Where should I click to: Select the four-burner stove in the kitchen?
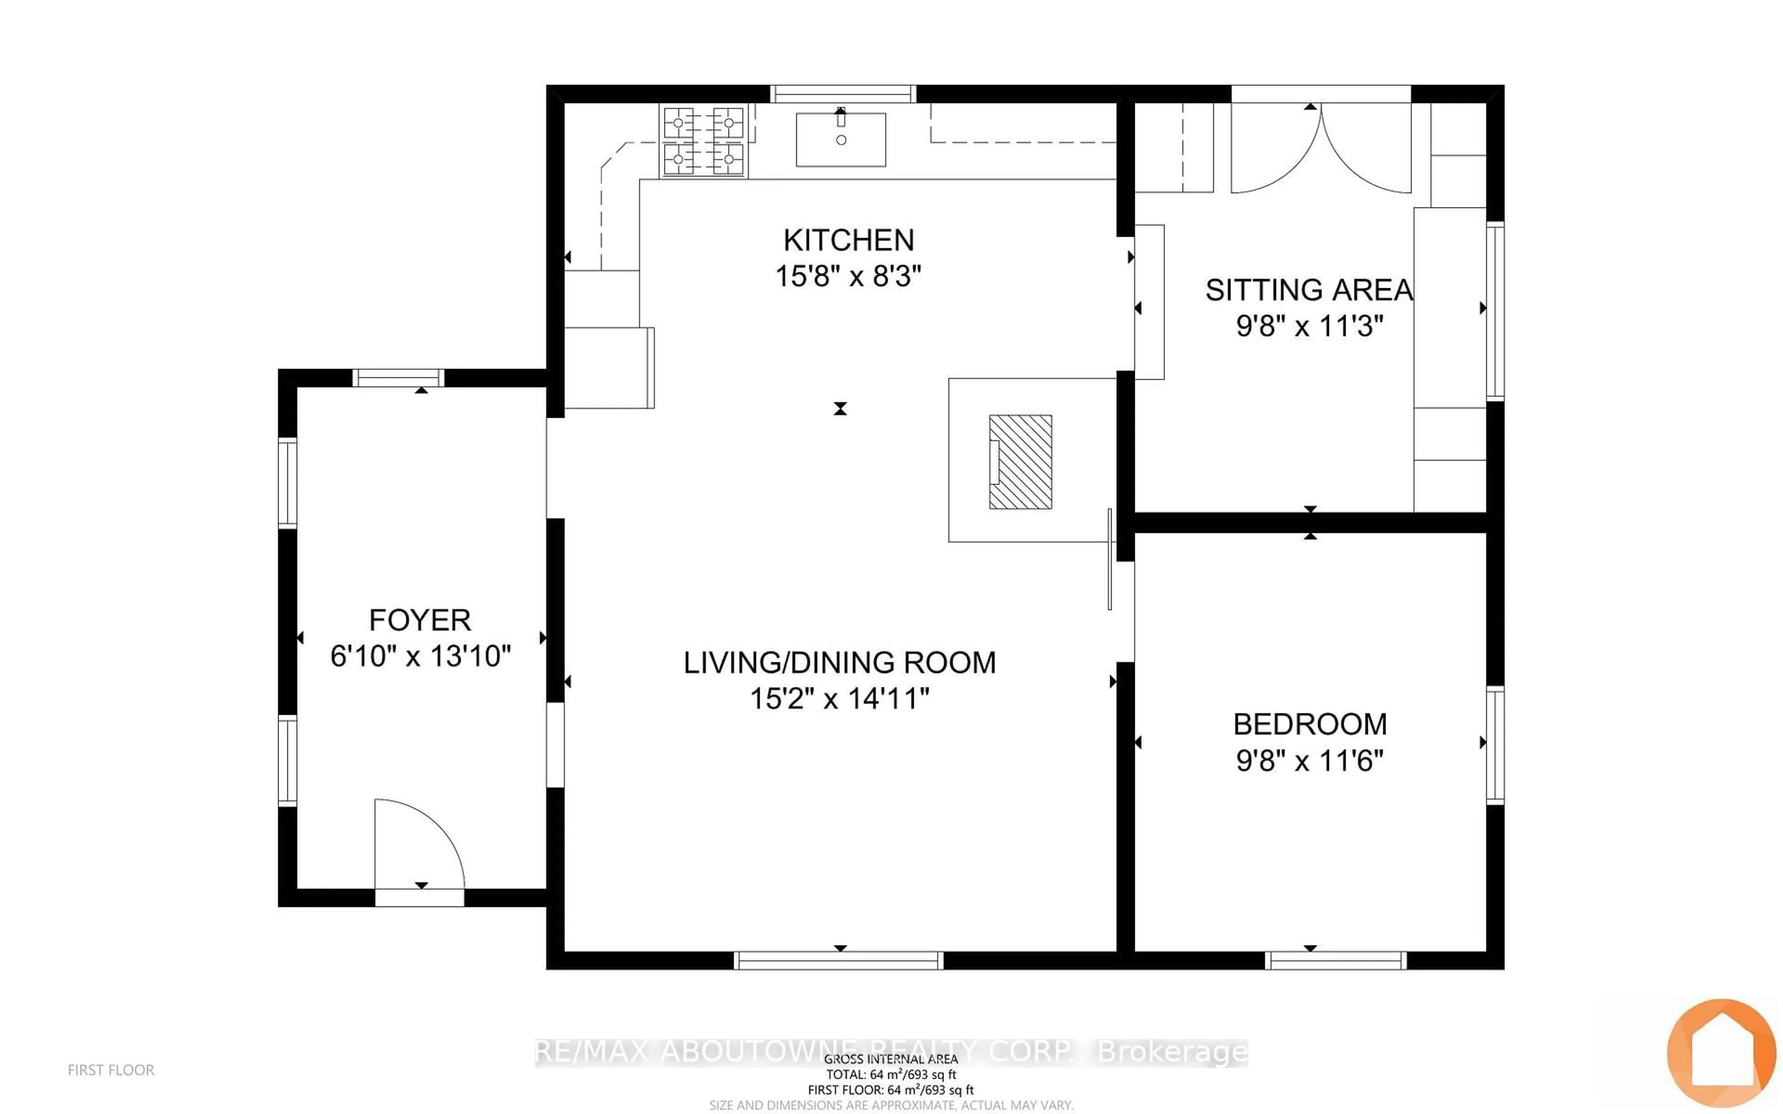click(x=703, y=141)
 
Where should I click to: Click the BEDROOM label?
click(x=1309, y=724)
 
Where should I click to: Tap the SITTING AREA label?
click(x=1308, y=290)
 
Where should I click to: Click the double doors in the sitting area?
click(x=1321, y=147)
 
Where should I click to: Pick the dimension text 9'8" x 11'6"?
click(x=1309, y=760)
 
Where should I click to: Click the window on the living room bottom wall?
click(x=839, y=960)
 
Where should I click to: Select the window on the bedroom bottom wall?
click(x=1335, y=960)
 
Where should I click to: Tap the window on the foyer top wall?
click(x=398, y=378)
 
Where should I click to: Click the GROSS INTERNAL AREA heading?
click(x=891, y=1059)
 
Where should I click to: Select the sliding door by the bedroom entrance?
click(x=1110, y=558)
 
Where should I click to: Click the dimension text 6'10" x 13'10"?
click(x=420, y=656)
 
